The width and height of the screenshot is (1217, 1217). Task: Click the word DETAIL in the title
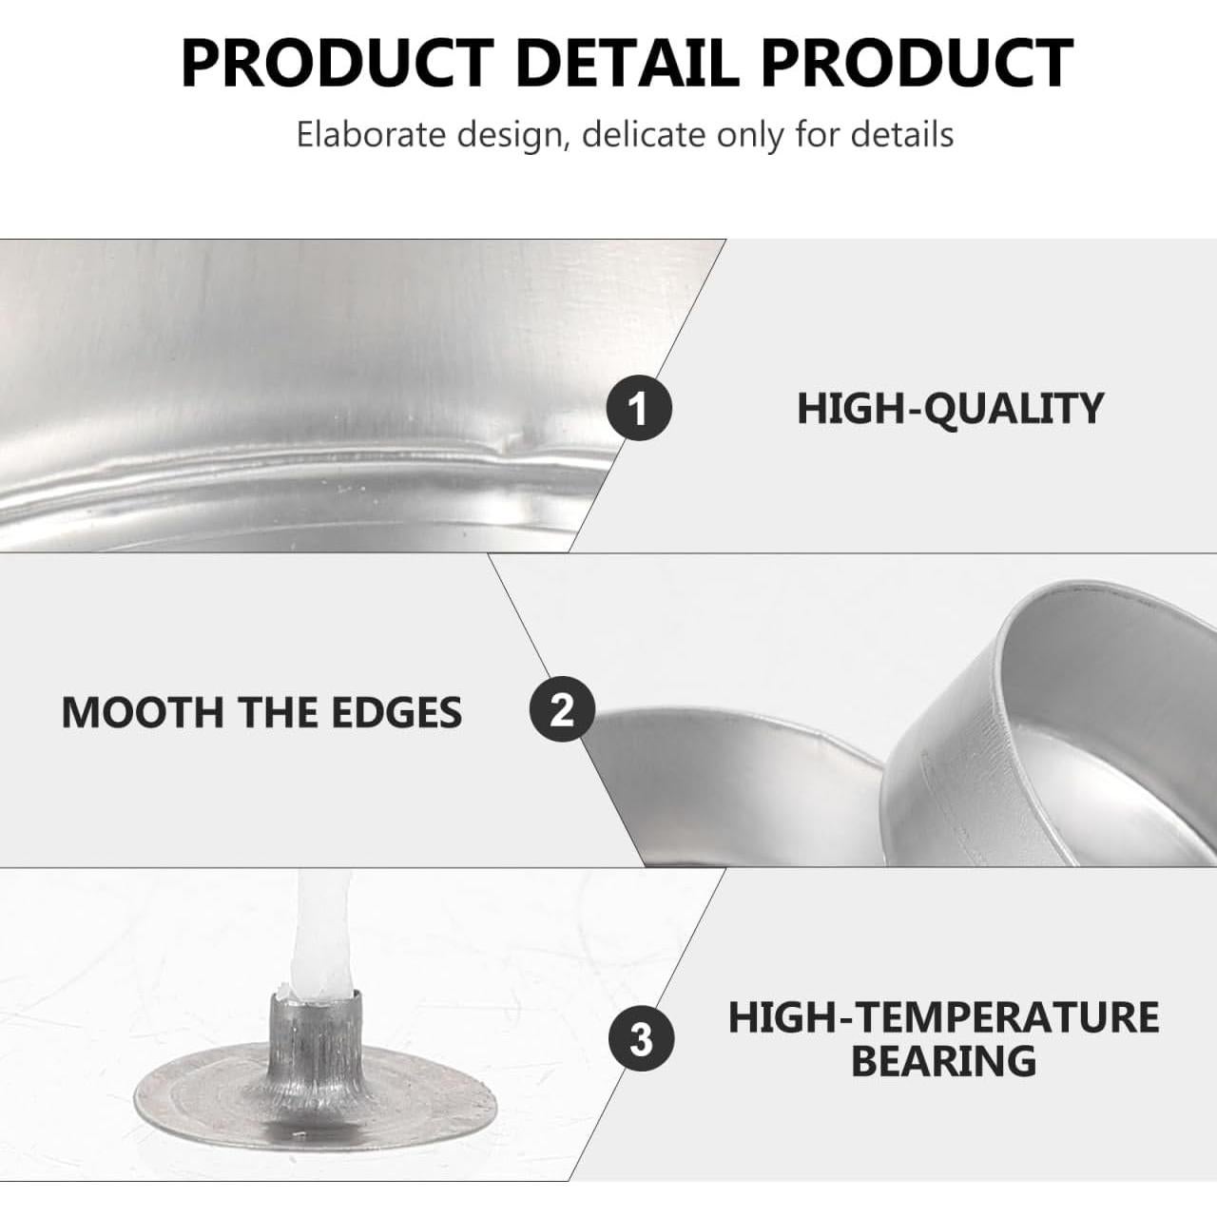coord(627,63)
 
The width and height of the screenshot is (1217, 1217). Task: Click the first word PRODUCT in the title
coord(337,63)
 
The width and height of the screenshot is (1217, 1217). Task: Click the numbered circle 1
coord(639,409)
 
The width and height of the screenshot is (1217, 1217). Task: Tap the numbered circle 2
coord(562,710)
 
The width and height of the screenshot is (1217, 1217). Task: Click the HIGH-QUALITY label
coord(950,409)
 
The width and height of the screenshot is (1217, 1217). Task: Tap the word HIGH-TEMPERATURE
coord(943,1017)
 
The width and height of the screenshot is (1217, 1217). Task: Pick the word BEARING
coord(943,1061)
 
